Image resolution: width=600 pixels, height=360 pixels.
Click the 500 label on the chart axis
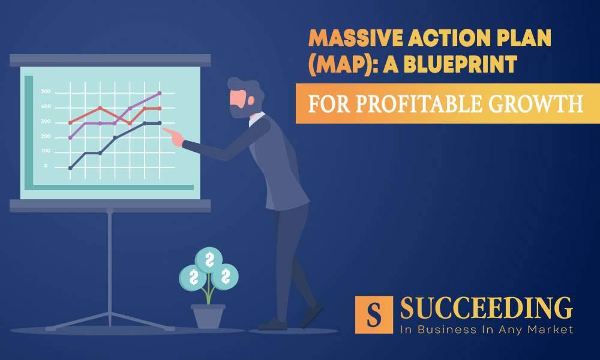46,92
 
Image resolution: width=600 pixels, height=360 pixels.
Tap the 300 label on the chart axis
46,122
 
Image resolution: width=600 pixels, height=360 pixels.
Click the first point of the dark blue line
70,168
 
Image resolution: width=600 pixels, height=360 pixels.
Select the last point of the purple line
160,93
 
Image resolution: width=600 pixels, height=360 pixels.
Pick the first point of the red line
70,122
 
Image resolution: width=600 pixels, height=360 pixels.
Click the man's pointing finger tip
165,129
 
